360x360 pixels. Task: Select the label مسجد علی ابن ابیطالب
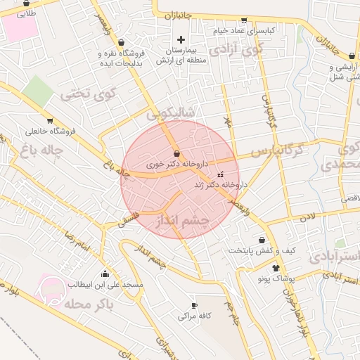(x=105, y=285)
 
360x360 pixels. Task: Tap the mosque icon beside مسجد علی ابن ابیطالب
(x=105, y=274)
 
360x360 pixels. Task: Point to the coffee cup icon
(x=195, y=306)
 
